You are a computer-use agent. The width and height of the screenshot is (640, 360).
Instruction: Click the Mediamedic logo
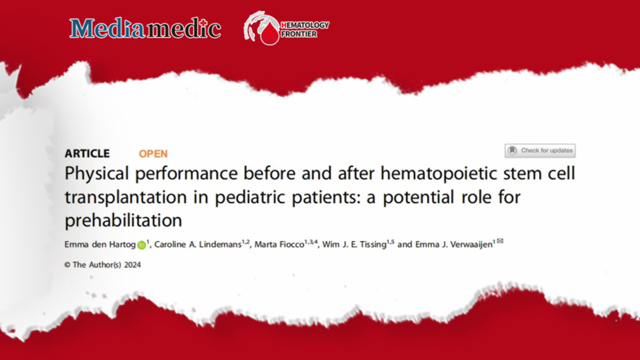click(145, 28)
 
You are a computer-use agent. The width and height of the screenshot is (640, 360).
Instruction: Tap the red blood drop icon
click(270, 33)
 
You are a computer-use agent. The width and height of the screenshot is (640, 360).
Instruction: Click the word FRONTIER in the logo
click(299, 34)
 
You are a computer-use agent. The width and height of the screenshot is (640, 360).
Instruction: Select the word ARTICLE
click(87, 153)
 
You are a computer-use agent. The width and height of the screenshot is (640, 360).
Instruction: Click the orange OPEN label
click(153, 154)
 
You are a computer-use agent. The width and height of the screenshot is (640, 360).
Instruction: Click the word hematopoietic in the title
click(438, 173)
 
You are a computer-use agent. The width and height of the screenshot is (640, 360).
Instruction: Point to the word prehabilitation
click(124, 220)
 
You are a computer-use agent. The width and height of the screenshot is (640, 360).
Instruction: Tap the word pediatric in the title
click(250, 197)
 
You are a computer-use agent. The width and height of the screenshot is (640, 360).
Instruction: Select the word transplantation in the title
click(126, 197)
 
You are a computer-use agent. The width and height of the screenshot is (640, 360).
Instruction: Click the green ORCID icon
click(142, 245)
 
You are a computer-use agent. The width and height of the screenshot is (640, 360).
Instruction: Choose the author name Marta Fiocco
click(279, 244)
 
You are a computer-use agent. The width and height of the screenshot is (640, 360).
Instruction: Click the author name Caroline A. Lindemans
click(198, 244)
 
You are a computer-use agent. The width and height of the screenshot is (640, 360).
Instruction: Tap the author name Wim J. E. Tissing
click(354, 244)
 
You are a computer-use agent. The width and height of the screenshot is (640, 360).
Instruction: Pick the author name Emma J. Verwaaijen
click(454, 244)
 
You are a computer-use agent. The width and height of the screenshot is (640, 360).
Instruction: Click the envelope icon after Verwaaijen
click(500, 241)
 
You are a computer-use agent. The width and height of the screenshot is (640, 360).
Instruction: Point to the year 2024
click(132, 265)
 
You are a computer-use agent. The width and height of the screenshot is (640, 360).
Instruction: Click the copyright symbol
click(68, 265)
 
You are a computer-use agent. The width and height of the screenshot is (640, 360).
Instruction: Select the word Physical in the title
click(97, 173)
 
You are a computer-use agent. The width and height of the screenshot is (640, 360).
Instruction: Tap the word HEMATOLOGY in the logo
click(305, 25)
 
